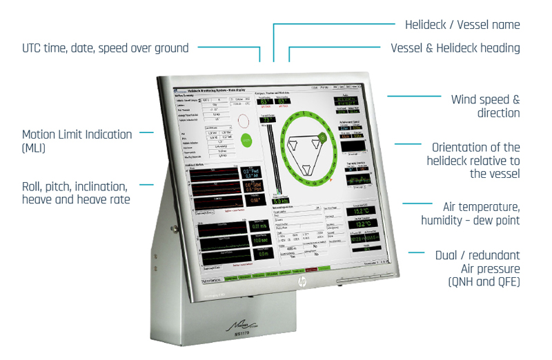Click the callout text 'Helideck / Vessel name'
[462, 25]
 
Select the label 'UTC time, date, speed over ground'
[106, 48]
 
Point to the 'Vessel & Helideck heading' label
[455, 48]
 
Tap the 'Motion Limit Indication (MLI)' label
[77, 140]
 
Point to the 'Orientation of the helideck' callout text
[475, 160]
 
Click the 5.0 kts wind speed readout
[281, 201]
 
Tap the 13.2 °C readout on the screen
[362, 224]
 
